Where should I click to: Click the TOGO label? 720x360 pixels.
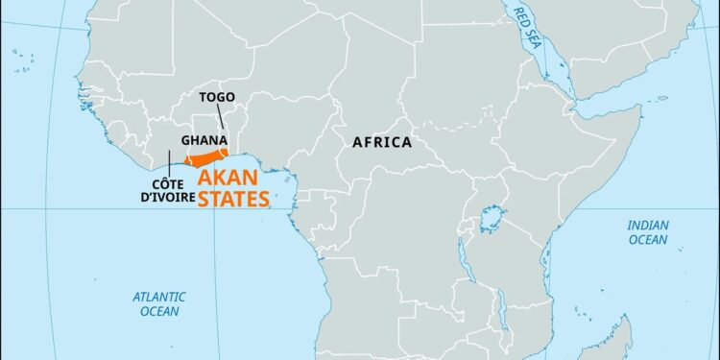point(216,98)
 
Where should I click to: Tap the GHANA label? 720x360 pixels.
point(204,140)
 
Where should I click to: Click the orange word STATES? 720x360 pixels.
point(233,200)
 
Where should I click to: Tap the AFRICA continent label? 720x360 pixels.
point(381,142)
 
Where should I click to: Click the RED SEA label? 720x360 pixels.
point(525,30)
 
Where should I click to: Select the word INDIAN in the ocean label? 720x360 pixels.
point(648,226)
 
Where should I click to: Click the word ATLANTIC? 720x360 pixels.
point(159,297)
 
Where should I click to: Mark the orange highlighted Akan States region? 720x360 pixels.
point(205,157)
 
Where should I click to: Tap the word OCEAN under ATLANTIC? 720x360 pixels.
point(159,312)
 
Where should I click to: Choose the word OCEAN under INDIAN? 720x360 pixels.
point(648,240)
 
